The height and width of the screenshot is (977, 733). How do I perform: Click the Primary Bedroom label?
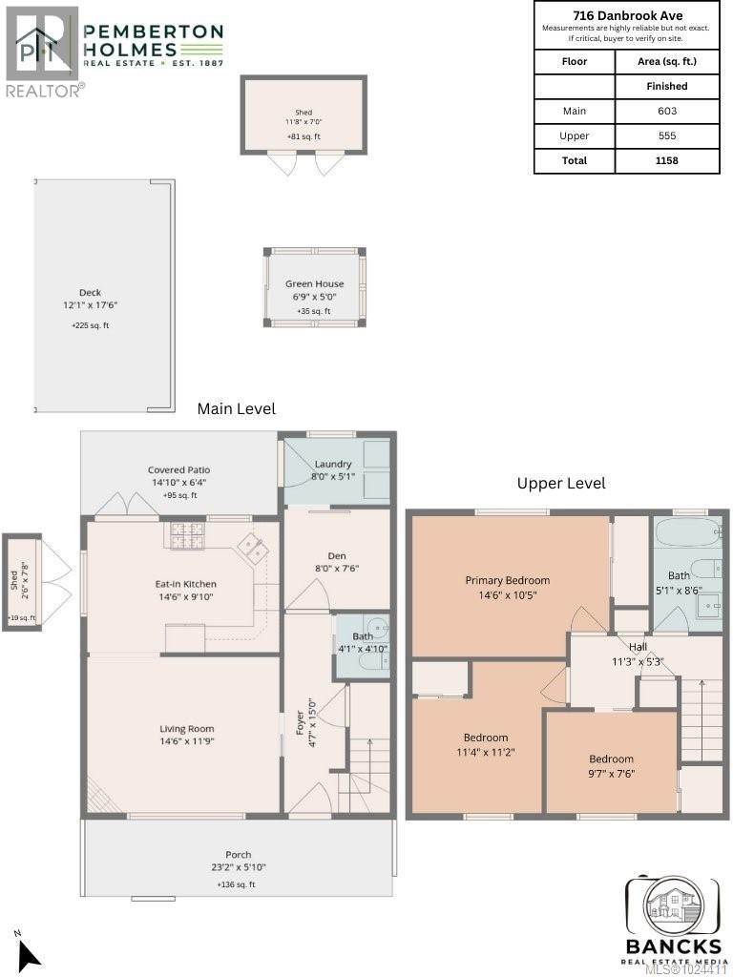coord(507,580)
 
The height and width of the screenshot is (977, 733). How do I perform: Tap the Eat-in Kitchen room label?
coord(185,584)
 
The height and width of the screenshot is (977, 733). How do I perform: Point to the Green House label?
coord(314,284)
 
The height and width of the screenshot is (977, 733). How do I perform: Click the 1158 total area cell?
coord(666,160)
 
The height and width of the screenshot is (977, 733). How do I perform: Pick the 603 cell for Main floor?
coord(666,111)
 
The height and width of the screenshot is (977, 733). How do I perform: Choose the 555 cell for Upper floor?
coord(666,135)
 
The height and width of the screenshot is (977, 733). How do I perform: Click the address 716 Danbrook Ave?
coord(626,15)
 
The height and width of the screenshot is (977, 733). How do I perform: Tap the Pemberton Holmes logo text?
coord(153,42)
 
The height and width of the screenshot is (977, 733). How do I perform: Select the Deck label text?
coord(91,293)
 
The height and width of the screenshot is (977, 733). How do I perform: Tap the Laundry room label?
coord(333,465)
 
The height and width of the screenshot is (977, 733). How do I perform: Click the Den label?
coord(336,555)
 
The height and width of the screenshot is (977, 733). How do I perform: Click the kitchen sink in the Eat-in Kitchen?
coord(253,547)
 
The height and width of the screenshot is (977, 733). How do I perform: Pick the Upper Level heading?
coord(561,484)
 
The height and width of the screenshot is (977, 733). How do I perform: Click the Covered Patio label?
coord(178,470)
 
